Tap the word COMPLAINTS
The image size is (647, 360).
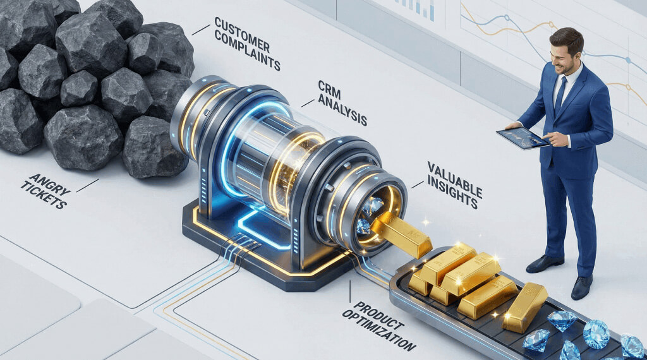pyautogui.click(x=248, y=52)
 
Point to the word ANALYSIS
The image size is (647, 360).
pyautogui.click(x=342, y=108)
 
